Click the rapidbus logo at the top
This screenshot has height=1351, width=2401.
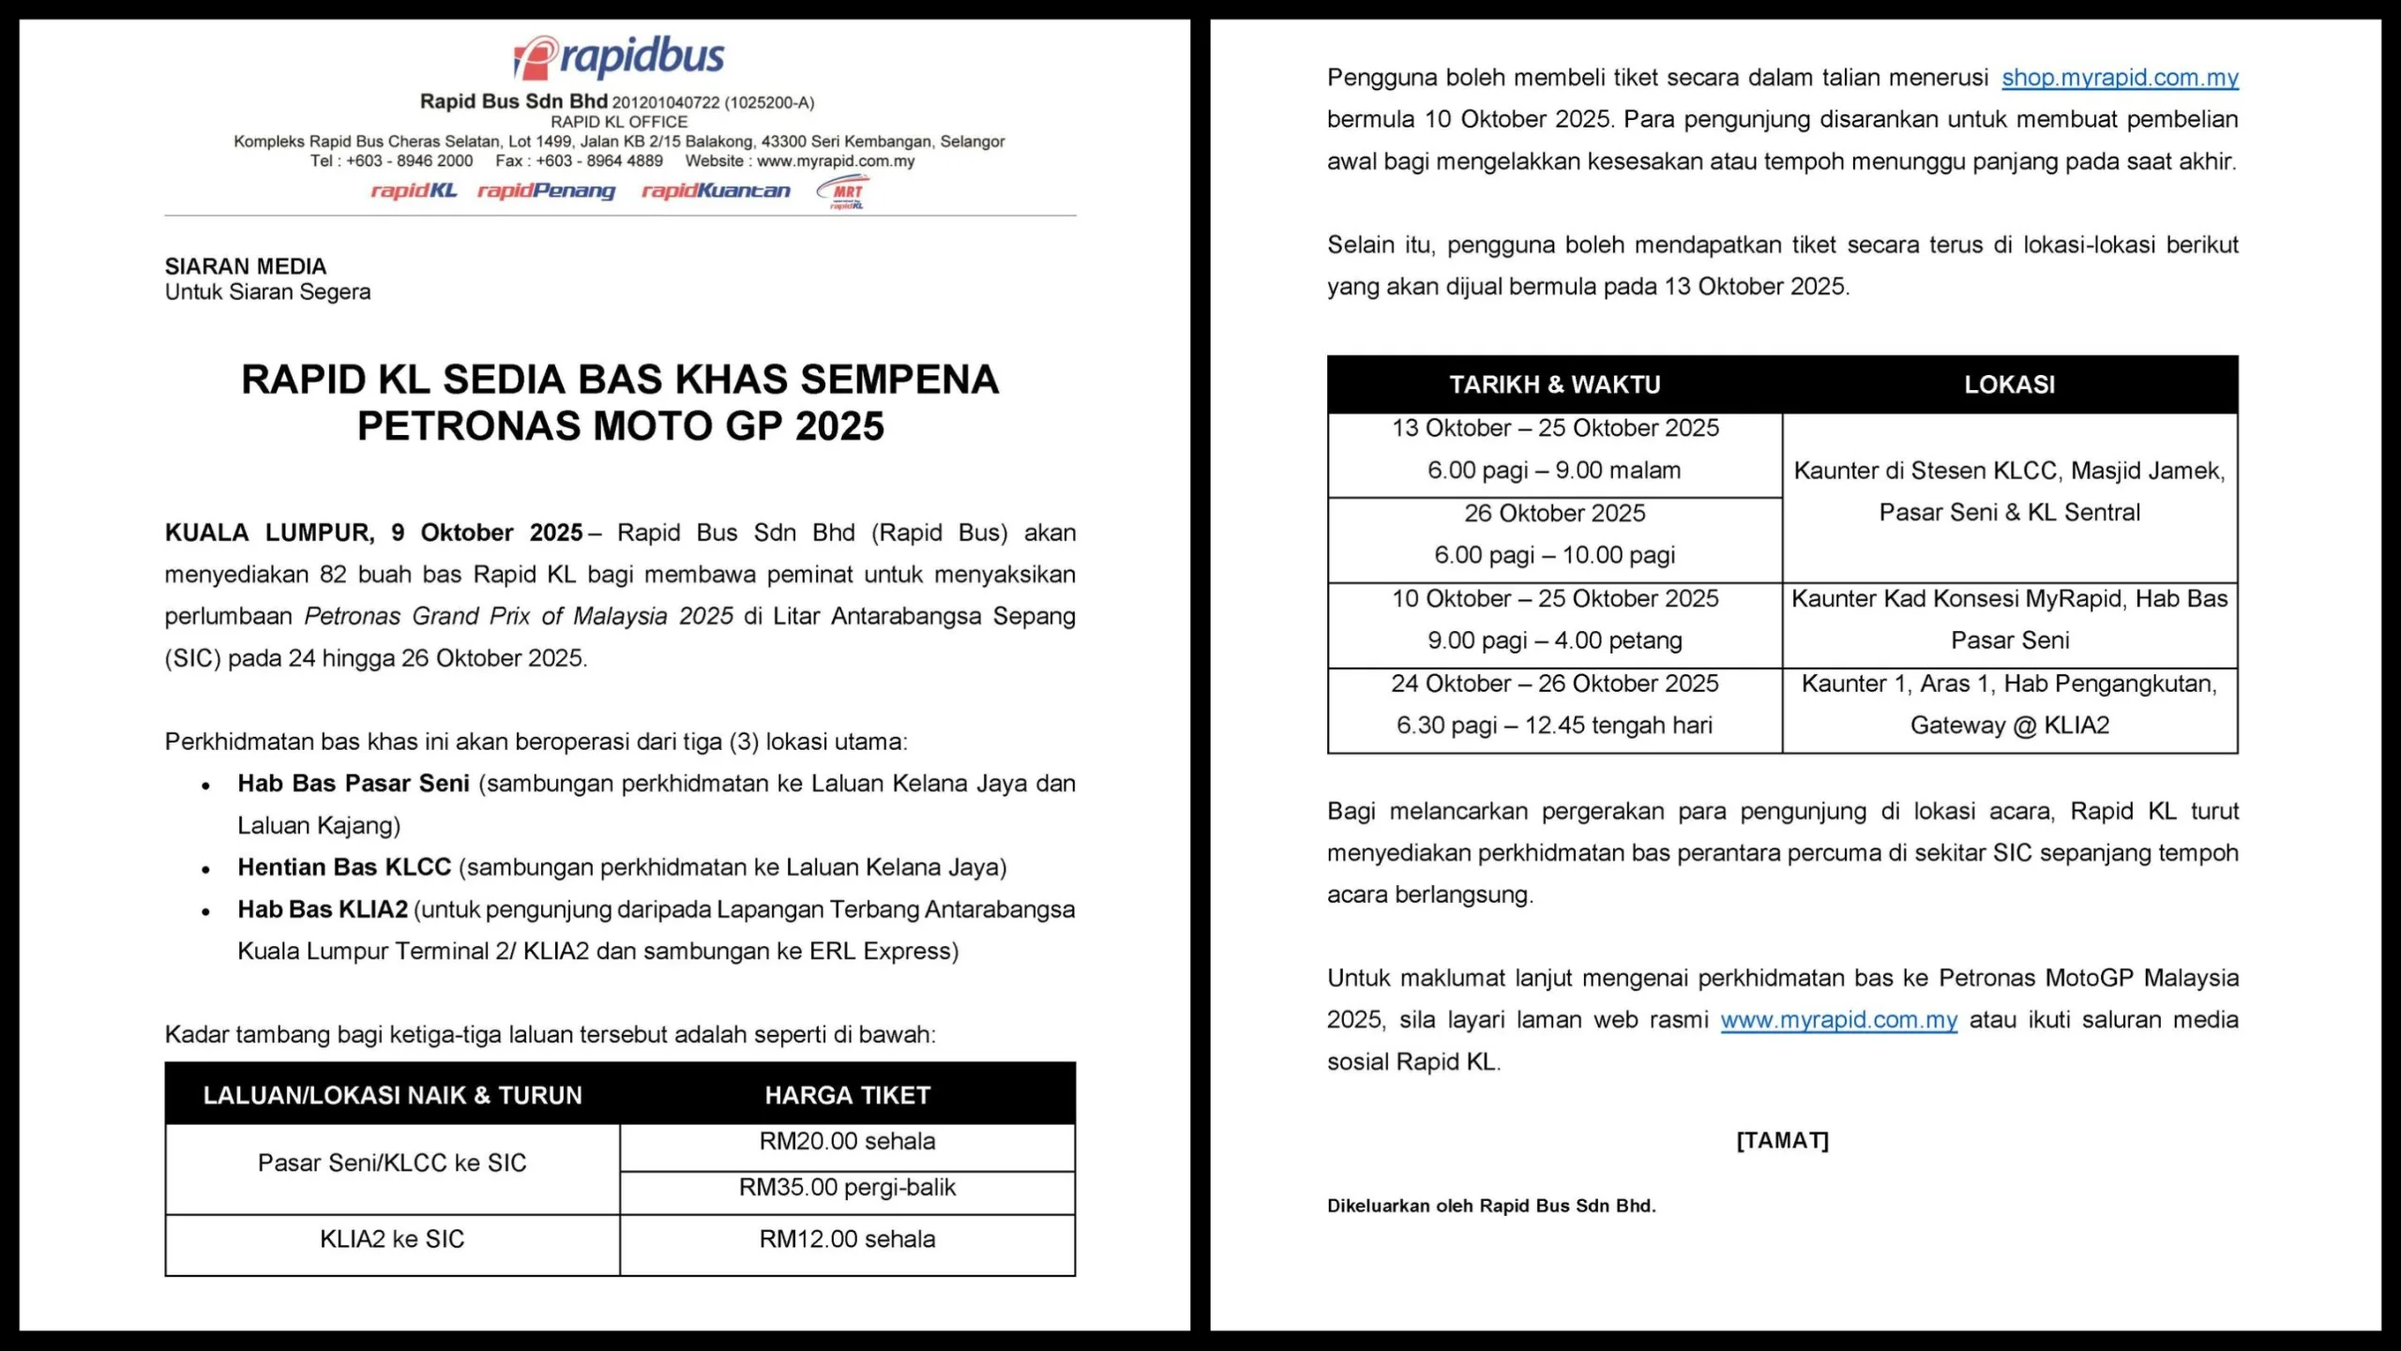point(619,57)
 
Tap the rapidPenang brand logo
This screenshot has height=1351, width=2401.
point(546,191)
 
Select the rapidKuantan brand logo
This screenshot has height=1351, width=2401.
point(716,191)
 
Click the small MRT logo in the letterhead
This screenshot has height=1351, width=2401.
point(843,191)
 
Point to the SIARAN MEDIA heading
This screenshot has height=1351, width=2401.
point(246,266)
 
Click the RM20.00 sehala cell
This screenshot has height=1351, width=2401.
point(847,1142)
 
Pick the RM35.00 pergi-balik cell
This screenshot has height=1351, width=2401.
point(847,1188)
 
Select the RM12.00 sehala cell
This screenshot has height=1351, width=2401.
point(847,1239)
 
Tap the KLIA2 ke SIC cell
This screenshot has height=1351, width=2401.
point(392,1239)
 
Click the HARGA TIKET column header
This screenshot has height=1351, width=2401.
point(847,1095)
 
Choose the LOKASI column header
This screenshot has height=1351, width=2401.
point(2009,384)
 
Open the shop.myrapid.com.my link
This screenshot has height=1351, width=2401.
point(2120,78)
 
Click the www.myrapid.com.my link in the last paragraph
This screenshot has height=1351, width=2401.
point(1838,1020)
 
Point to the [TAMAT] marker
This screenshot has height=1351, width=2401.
point(1782,1140)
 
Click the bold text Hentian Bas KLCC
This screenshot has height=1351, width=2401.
point(344,867)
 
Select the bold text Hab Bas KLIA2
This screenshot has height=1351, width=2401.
point(323,909)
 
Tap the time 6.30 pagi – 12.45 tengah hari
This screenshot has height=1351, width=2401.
point(1554,726)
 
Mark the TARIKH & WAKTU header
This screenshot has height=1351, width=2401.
point(1554,384)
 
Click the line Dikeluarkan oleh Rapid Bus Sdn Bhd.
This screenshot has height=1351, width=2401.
point(1491,1206)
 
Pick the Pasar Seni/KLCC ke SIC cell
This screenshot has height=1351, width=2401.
point(392,1163)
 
